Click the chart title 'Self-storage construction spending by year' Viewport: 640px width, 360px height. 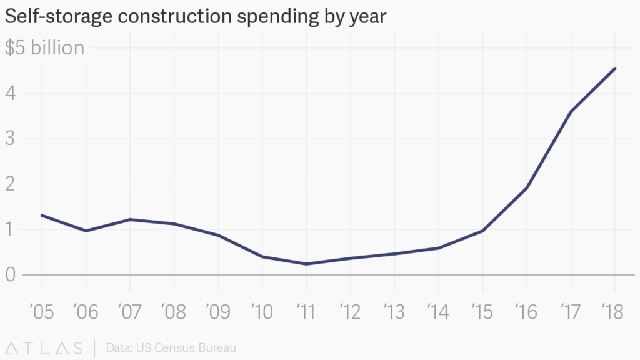[196, 17]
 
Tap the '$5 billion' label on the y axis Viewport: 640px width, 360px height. [44, 48]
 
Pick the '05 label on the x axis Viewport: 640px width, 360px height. [42, 312]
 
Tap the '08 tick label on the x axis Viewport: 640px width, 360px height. [174, 312]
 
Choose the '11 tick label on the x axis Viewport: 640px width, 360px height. [306, 312]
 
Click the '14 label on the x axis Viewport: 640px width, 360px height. [438, 312]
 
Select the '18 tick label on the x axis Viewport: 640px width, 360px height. [614, 312]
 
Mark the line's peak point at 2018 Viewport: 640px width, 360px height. [615, 68]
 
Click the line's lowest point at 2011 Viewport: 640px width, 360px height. [306, 264]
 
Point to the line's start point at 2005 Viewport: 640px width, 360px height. [42, 216]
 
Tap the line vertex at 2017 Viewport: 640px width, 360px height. [571, 112]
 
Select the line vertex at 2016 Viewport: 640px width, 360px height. [527, 188]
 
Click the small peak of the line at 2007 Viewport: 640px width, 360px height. [130, 219]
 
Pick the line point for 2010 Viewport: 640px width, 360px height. [262, 257]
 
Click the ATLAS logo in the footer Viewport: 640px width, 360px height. [44, 347]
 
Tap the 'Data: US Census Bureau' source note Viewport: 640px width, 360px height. [171, 347]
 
